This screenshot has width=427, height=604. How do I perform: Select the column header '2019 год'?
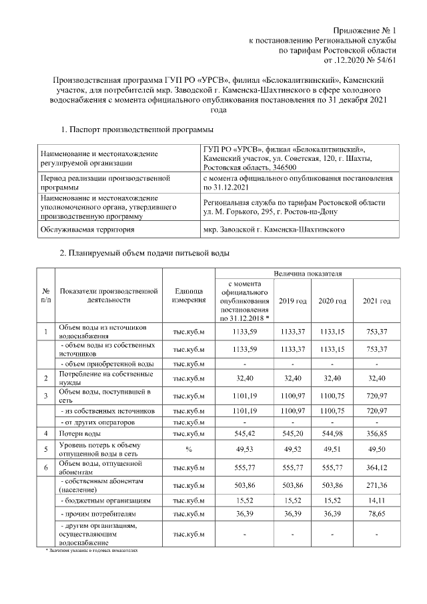(292, 302)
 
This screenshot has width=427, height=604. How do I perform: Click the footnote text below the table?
(90, 552)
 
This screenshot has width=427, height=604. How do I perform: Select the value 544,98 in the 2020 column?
(334, 434)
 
